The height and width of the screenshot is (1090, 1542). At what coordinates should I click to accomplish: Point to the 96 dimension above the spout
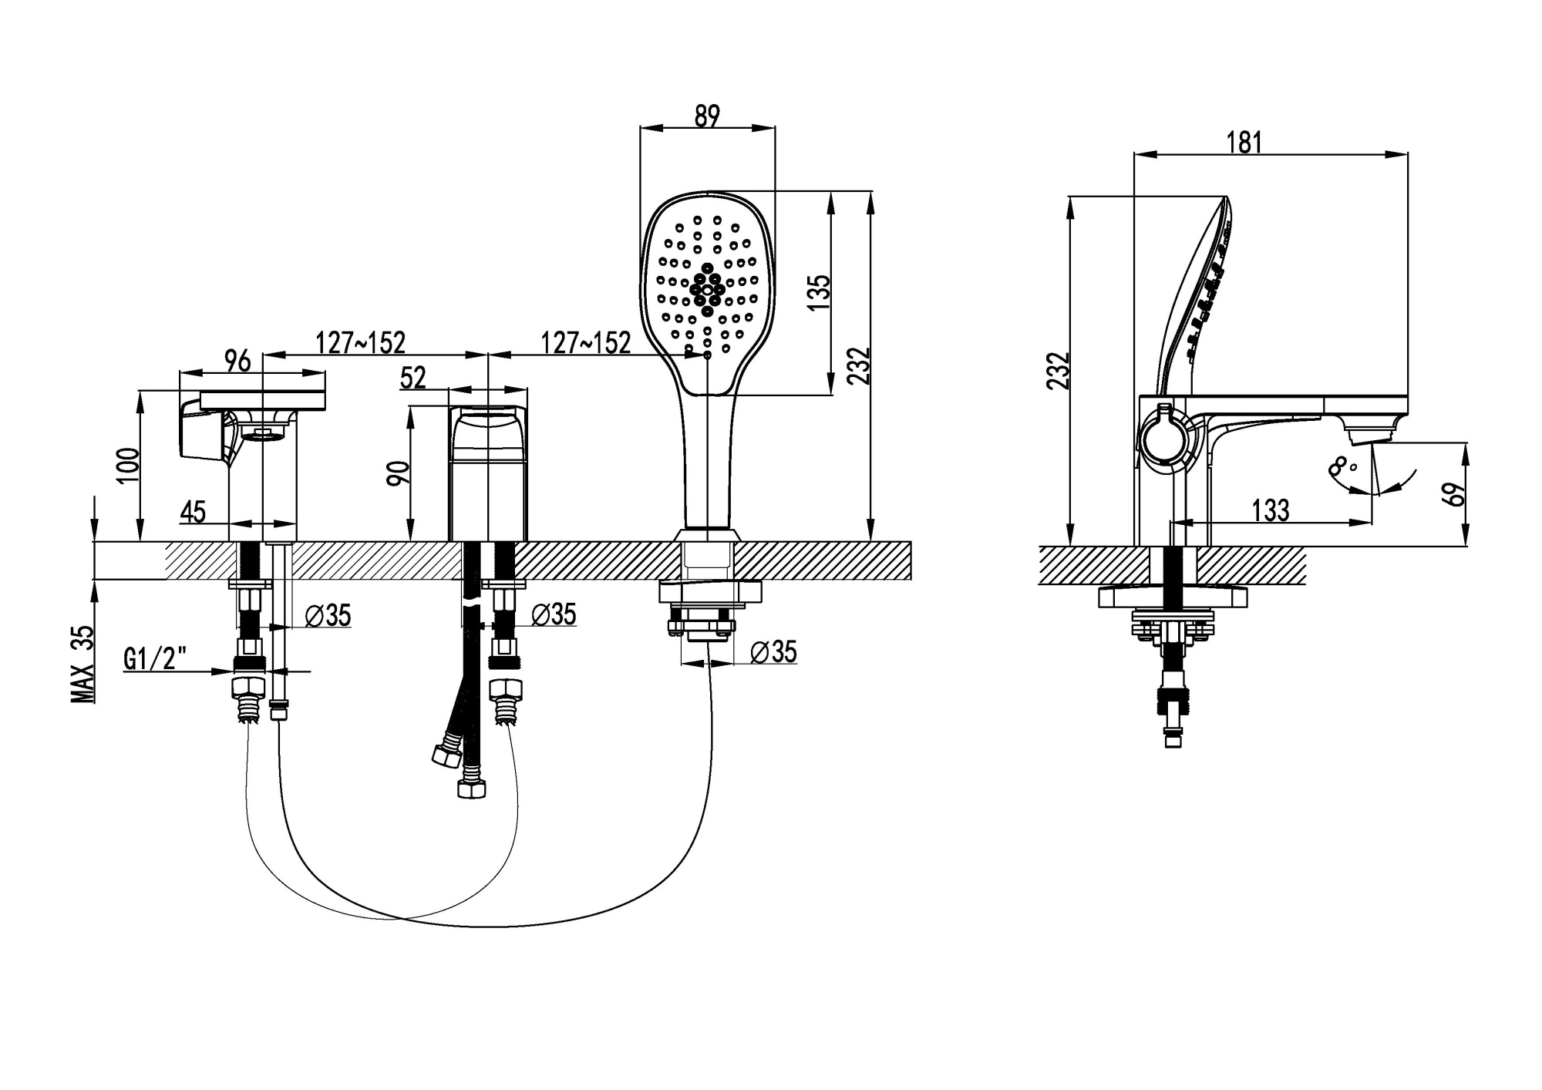pos(237,360)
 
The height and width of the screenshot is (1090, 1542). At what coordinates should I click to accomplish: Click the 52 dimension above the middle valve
pos(412,378)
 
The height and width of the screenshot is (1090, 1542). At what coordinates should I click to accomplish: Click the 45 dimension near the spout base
pos(193,511)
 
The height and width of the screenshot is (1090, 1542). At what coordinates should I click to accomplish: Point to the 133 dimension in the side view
pos(1270,510)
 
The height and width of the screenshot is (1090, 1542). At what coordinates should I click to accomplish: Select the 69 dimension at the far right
pos(1456,493)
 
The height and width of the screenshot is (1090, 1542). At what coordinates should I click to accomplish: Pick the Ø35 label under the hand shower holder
pos(773,651)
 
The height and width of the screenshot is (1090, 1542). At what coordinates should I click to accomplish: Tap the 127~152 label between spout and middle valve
pos(360,341)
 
